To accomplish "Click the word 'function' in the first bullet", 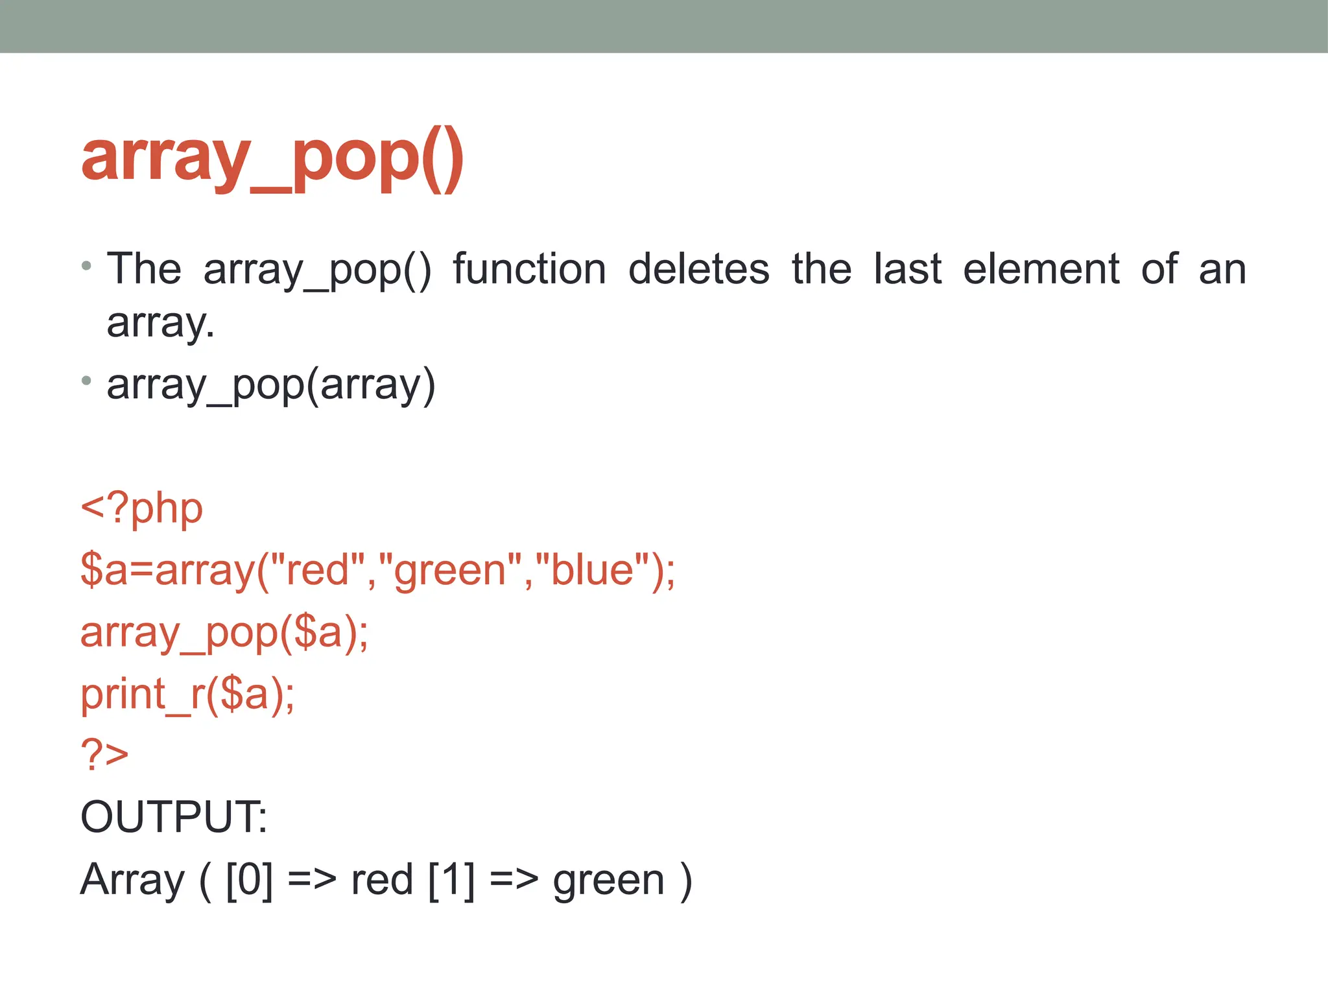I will pyautogui.click(x=529, y=269).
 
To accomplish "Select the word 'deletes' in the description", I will pyautogui.click(x=699, y=269).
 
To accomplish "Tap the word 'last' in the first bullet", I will pyautogui.click(x=907, y=269).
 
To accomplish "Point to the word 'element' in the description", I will pyautogui.click(x=1041, y=269).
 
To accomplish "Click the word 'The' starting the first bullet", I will pyautogui.click(x=144, y=269).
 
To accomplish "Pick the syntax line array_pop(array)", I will pyautogui.click(x=271, y=385).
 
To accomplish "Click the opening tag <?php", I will pyautogui.click(x=141, y=508).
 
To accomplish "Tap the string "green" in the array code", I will pyautogui.click(x=450, y=570).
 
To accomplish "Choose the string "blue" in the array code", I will pyautogui.click(x=592, y=570).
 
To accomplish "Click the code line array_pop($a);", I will pyautogui.click(x=224, y=632).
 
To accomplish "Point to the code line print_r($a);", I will pyautogui.click(x=187, y=694).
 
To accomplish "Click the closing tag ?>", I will pyautogui.click(x=104, y=755).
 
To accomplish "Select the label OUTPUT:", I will pyautogui.click(x=173, y=817).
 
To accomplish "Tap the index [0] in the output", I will pyautogui.click(x=249, y=880).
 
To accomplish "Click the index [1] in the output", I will pyautogui.click(x=451, y=880).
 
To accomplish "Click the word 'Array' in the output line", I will pyautogui.click(x=133, y=881).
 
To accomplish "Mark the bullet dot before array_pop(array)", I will pyautogui.click(x=86, y=381).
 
